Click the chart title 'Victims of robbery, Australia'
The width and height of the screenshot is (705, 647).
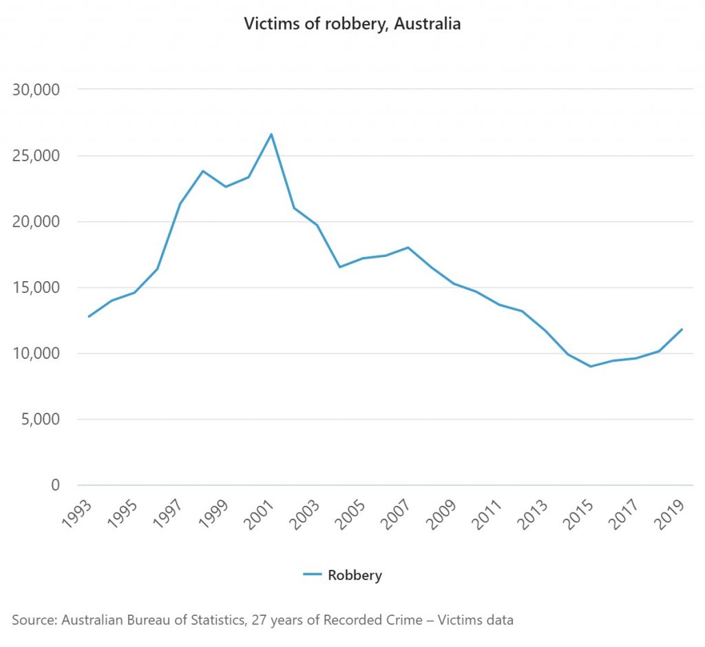click(352, 24)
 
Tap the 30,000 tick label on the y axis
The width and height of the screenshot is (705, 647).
click(37, 90)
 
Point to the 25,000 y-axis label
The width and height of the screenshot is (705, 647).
click(37, 156)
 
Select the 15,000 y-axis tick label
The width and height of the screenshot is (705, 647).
click(37, 287)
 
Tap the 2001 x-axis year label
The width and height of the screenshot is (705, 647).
click(261, 511)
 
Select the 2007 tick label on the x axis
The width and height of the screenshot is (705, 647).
click(398, 511)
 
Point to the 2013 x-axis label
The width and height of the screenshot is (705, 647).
click(535, 511)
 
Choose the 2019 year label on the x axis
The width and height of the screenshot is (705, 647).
click(671, 511)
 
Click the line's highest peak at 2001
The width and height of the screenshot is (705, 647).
click(271, 134)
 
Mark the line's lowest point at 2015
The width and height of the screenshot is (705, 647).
click(591, 366)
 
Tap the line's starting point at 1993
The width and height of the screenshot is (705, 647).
click(89, 316)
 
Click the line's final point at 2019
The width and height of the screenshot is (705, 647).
click(682, 329)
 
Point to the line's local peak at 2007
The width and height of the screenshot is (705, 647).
click(408, 247)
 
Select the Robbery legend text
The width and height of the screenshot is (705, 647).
click(355, 575)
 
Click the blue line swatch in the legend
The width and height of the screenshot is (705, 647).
click(313, 575)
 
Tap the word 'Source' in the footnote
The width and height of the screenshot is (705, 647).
click(33, 619)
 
